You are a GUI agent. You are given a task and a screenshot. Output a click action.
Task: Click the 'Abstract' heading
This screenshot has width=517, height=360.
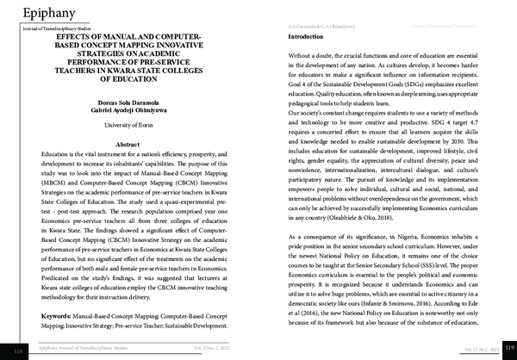[128, 144]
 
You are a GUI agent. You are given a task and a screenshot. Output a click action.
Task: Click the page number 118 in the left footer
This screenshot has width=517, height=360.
[18, 352]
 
